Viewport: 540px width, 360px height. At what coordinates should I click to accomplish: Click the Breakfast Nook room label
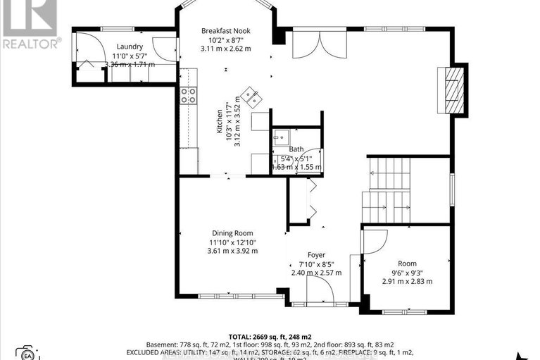point(225,31)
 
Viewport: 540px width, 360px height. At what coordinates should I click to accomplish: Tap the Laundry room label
point(130,46)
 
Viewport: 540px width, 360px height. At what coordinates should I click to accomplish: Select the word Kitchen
point(220,122)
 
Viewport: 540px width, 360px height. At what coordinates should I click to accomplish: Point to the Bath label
point(296,149)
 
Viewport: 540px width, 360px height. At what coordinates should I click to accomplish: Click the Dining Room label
point(232,233)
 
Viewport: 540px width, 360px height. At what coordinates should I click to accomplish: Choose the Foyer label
point(316,255)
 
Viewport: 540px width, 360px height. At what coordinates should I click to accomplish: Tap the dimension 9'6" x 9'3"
point(407,273)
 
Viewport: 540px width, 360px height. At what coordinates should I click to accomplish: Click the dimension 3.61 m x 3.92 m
point(232,251)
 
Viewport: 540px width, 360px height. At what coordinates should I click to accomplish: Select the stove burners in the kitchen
point(188,95)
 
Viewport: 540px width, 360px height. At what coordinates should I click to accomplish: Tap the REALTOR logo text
point(31,43)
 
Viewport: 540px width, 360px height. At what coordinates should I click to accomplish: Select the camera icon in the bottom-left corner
point(27,352)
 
